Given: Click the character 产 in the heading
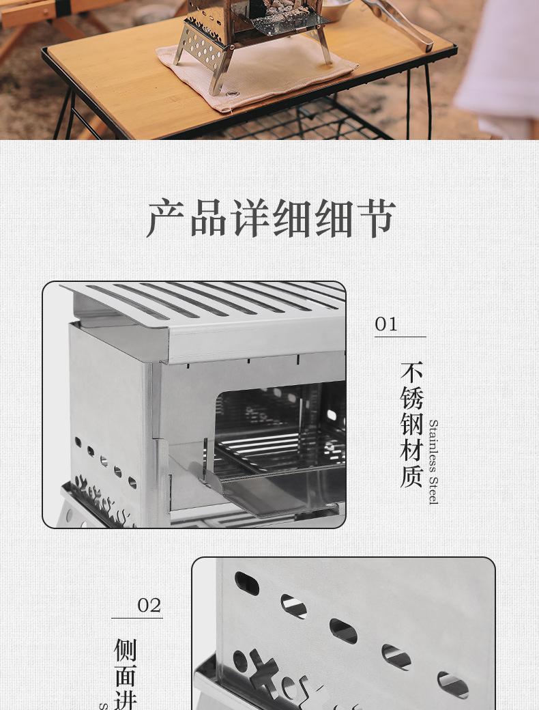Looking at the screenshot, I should point(167,218).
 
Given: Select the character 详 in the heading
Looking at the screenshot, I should point(250,218).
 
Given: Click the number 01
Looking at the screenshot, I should point(386,324).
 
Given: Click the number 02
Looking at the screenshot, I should point(149,605).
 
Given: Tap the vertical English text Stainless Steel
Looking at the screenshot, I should point(433,462).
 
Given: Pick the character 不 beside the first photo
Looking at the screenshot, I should point(411,373).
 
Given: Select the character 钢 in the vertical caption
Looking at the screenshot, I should point(411,424).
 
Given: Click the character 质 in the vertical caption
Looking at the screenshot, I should point(411,475).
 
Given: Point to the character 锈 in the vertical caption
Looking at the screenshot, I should point(411,398).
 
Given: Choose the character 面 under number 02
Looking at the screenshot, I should point(126,676).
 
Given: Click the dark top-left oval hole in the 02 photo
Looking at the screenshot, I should point(246,583).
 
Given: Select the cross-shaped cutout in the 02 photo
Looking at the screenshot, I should point(263,668).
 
